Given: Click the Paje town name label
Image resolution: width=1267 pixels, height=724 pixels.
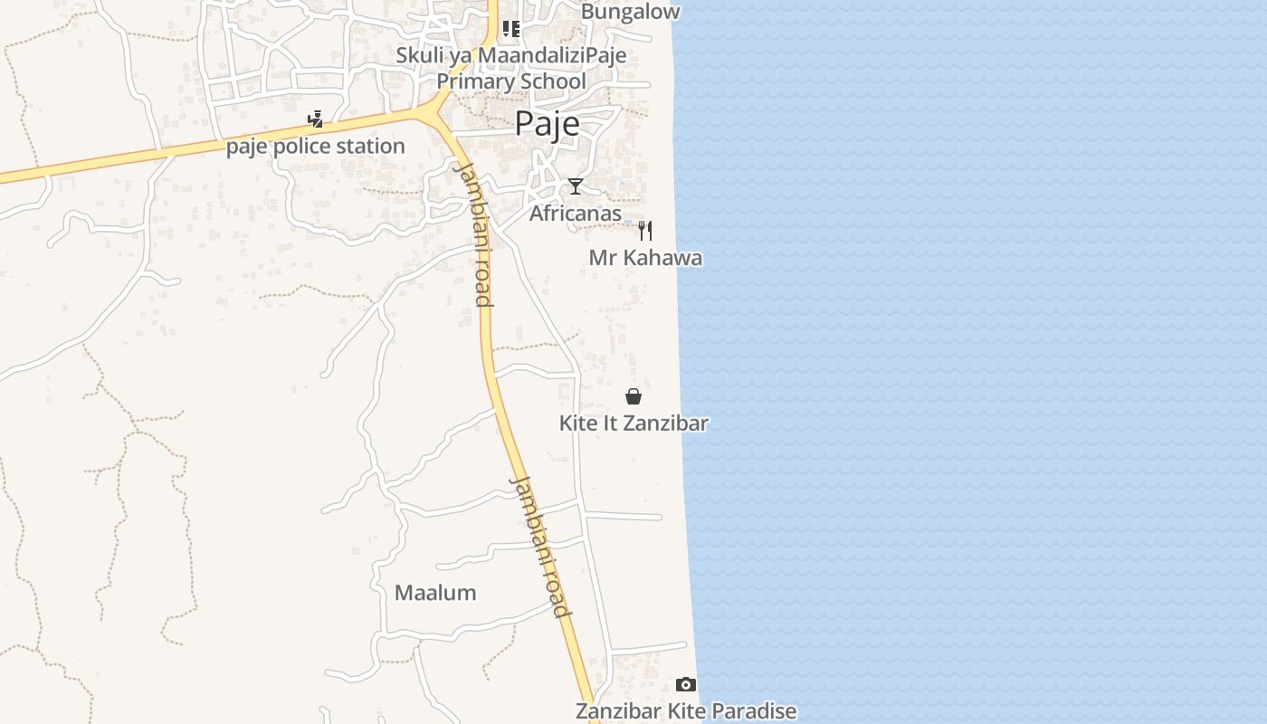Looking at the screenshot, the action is (x=547, y=124).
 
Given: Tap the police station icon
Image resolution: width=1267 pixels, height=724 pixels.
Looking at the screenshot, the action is (x=315, y=119).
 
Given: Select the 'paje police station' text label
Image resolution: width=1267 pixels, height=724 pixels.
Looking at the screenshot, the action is (x=315, y=146).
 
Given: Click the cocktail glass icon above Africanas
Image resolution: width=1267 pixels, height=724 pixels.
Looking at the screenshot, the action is (x=576, y=186).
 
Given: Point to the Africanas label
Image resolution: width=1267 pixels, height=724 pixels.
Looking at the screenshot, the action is (x=576, y=214).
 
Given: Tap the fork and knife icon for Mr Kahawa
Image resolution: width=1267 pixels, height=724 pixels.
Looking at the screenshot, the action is (x=645, y=230).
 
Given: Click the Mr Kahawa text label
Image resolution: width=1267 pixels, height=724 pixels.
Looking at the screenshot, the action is (x=645, y=258).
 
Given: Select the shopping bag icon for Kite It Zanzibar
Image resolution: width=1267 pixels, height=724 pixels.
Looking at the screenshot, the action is (x=633, y=396).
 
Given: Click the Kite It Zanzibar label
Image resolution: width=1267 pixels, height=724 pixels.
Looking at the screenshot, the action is (x=633, y=423).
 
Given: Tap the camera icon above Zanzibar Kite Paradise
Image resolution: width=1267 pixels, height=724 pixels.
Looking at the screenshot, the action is (x=686, y=684).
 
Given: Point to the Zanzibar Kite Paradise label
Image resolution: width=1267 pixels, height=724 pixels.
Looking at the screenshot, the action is (x=686, y=711).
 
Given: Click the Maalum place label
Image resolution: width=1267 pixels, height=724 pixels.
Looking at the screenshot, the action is (x=435, y=593).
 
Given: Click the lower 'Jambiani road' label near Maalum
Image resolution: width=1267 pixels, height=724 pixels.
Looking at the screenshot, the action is (x=540, y=547).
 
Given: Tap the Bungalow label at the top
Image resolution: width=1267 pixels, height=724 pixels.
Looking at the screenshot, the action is (x=630, y=12).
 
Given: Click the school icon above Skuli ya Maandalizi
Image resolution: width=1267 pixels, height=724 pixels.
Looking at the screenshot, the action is (x=511, y=29).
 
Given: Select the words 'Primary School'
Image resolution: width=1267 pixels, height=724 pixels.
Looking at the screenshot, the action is (x=511, y=81).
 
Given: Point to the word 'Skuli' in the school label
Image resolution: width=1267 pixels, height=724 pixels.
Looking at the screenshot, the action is (x=420, y=56).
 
